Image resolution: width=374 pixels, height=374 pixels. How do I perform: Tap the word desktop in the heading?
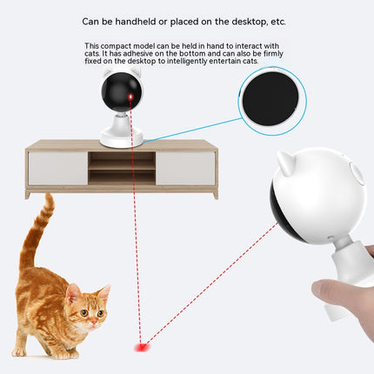pyautogui.click(x=249, y=21)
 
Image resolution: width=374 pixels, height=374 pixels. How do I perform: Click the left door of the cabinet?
pyautogui.click(x=57, y=168)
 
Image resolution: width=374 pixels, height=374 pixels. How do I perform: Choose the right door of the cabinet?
pyautogui.click(x=185, y=168)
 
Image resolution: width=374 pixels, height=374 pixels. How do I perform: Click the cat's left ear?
pyautogui.click(x=74, y=291)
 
